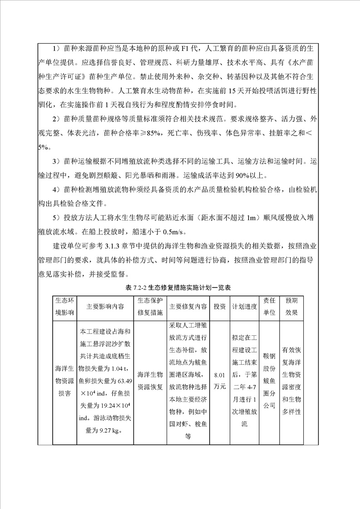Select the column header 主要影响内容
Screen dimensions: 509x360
coord(105,307)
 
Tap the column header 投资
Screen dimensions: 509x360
coord(219,307)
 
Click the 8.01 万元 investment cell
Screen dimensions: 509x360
coord(219,381)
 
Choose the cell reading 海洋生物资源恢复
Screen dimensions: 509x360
coord(150,381)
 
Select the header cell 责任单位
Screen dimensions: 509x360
coord(269,307)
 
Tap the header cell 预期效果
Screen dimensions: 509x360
coord(291,307)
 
